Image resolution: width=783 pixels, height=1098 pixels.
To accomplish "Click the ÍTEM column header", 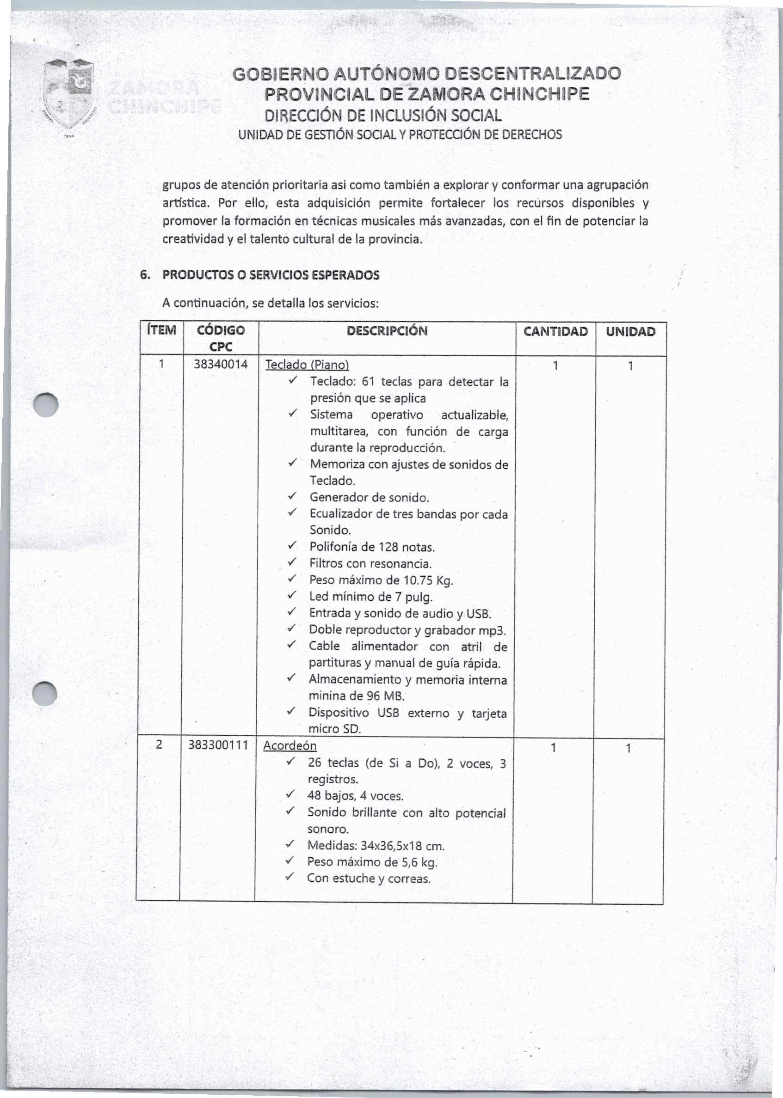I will tap(161, 330).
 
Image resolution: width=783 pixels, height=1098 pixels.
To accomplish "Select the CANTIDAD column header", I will tap(555, 331).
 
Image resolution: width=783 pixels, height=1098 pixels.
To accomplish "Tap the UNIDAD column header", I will tap(630, 331).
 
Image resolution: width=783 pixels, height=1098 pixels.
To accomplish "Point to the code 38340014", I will tap(220, 364).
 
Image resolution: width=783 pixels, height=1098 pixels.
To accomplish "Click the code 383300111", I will tap(218, 745).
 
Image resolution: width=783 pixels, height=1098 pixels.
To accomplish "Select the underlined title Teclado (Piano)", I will tap(307, 365).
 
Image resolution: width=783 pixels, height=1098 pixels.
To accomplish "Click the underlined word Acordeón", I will tap(290, 745).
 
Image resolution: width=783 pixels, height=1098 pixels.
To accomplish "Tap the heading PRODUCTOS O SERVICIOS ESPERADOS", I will tap(271, 275).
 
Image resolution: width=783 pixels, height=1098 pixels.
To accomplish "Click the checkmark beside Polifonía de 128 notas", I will tap(291, 546).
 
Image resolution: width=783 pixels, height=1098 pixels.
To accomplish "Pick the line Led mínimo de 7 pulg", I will tap(371, 597).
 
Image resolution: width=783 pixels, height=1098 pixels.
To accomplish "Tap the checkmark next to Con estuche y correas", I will tap(289, 878).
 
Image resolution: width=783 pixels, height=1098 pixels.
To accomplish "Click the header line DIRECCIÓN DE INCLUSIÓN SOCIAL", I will tap(383, 115).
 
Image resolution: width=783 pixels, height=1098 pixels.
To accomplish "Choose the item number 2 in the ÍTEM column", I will tap(159, 745).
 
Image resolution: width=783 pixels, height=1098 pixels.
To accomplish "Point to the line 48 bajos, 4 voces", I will tap(355, 796).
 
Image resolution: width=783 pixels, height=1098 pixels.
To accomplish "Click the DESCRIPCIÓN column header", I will tap(387, 331).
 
